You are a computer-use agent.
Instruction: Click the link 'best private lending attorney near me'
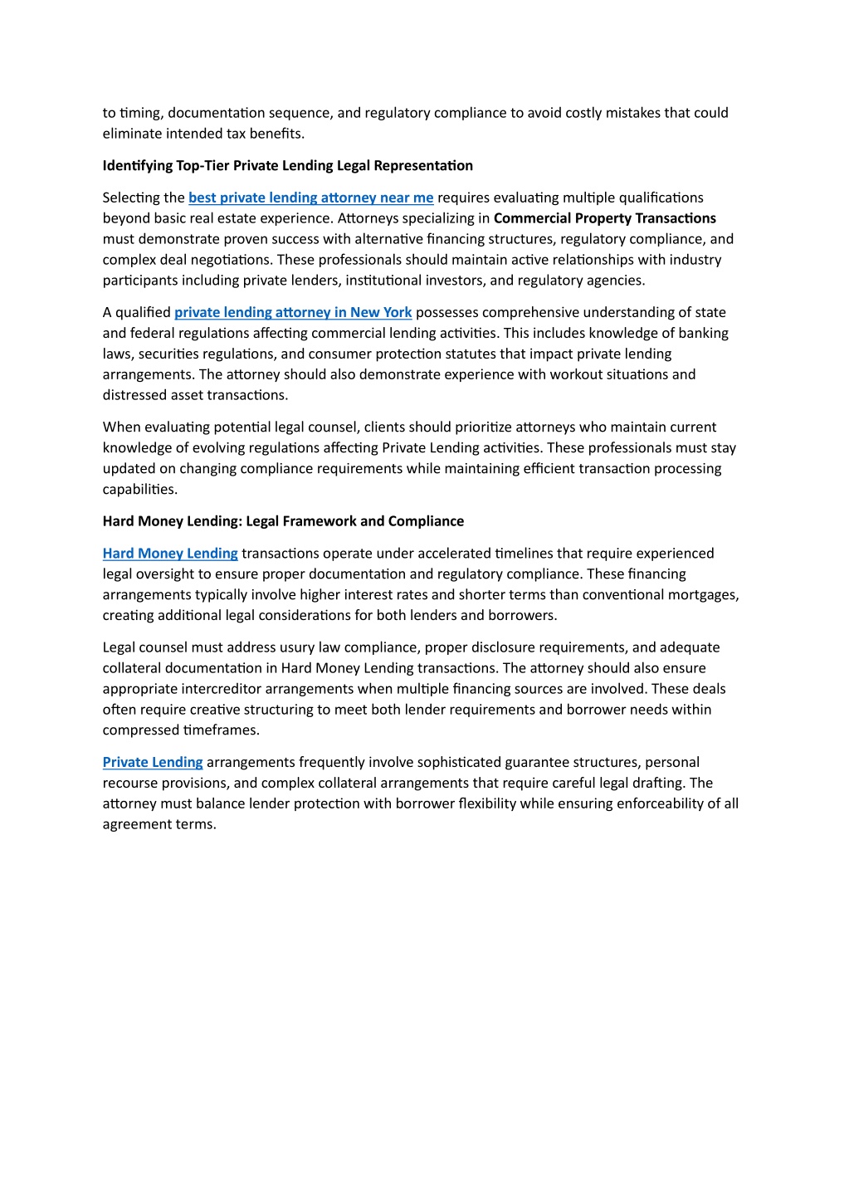click(x=310, y=198)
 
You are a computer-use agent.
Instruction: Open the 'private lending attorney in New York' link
click(x=293, y=312)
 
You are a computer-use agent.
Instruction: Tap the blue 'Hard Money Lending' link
click(x=170, y=554)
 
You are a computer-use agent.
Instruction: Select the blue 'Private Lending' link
click(x=153, y=762)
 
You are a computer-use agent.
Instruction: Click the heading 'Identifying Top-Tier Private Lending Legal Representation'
click(x=287, y=166)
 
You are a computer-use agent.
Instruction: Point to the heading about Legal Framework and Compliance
click(x=283, y=521)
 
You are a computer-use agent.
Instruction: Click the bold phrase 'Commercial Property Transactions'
click(x=604, y=218)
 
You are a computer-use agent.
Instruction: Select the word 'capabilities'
click(x=139, y=490)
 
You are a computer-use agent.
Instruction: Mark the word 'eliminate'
click(x=130, y=134)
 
